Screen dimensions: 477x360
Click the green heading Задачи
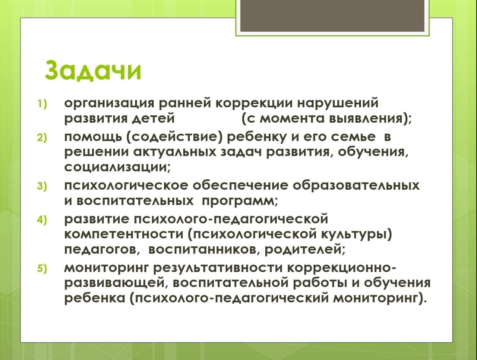(x=93, y=70)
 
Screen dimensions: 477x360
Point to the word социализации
(x=116, y=168)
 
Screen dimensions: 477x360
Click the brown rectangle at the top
(x=332, y=16)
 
